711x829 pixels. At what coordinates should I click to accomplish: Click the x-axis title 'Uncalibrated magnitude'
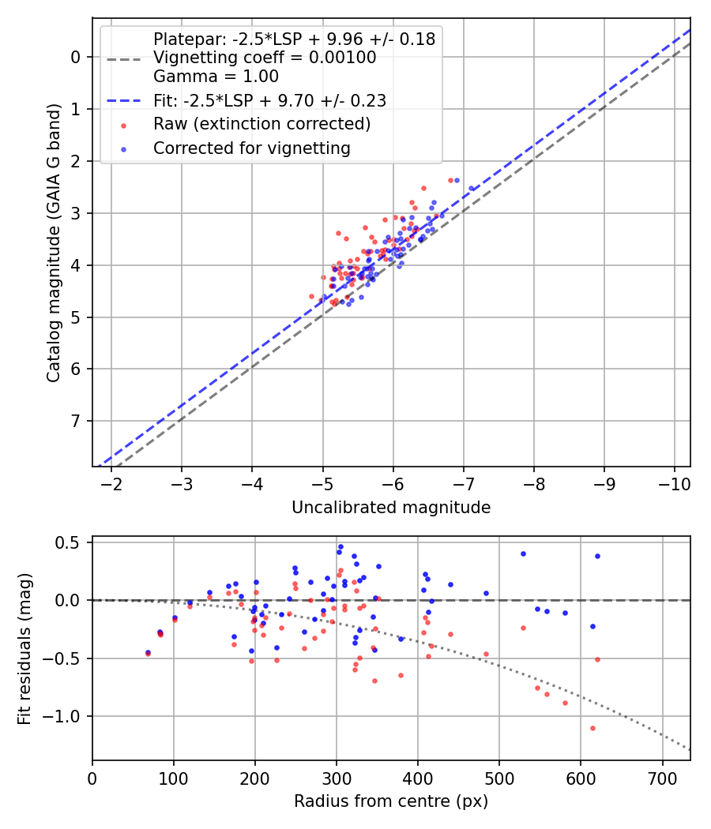tap(391, 508)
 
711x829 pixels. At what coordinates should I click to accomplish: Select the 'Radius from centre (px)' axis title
tap(391, 801)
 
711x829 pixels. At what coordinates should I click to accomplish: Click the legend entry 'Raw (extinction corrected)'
tap(261, 124)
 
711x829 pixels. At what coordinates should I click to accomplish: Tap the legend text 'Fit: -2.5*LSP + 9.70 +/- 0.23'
tap(269, 100)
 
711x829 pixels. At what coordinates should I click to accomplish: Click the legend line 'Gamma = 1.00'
tap(216, 77)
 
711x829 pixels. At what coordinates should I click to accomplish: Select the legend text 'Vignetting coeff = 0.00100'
tap(265, 58)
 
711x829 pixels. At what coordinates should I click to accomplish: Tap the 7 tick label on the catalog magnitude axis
tap(76, 421)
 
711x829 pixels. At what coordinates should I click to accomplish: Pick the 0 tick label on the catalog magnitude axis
tap(76, 57)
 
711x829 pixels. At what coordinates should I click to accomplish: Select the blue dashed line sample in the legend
tap(124, 101)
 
